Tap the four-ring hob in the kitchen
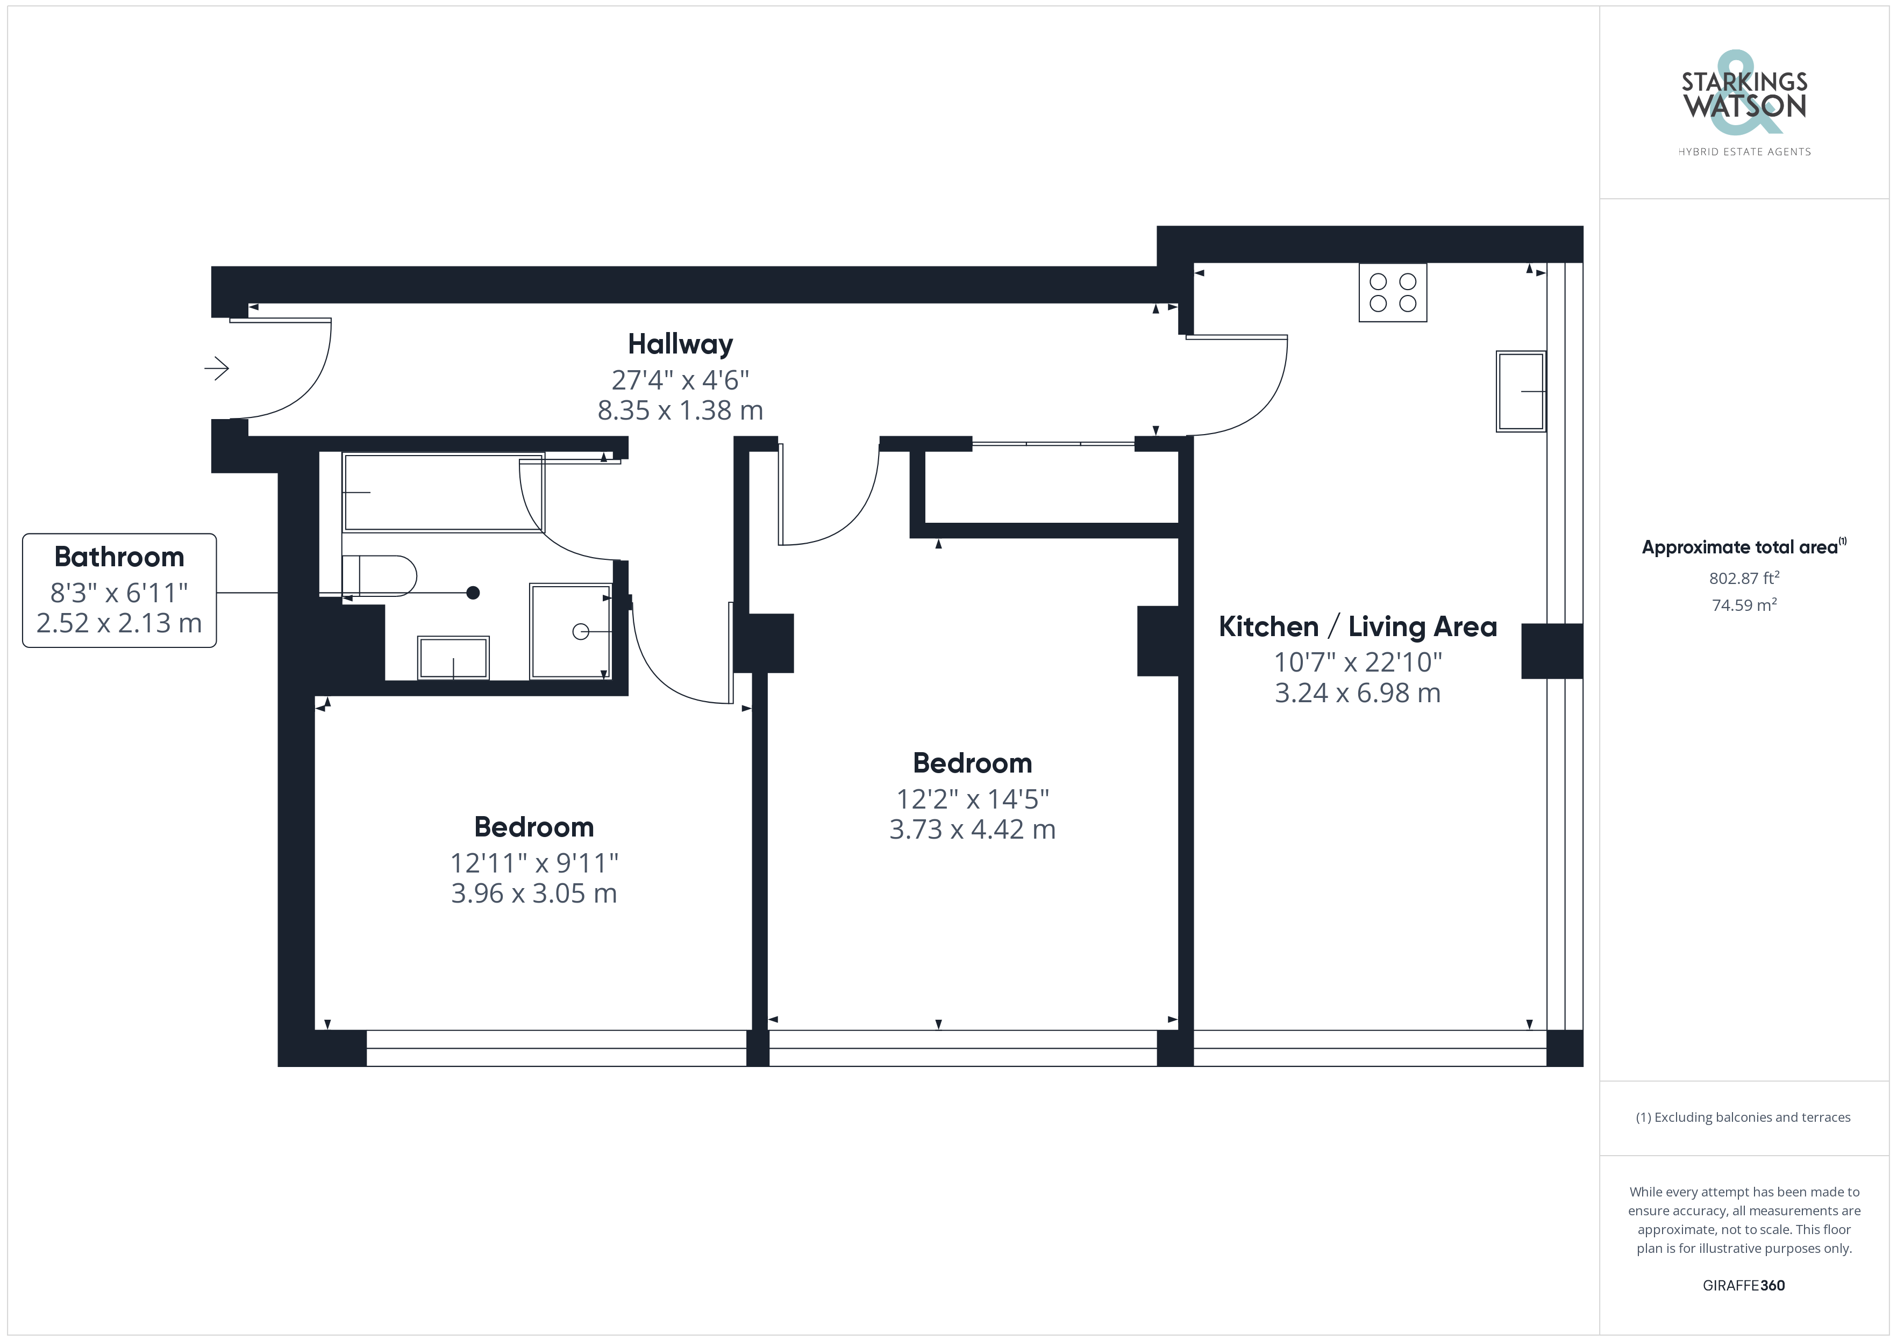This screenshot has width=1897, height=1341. pyautogui.click(x=1392, y=292)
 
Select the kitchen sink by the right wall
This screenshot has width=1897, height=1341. pyautogui.click(x=1520, y=392)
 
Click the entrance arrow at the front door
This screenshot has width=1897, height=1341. pyautogui.click(x=217, y=367)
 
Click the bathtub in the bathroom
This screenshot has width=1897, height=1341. pyautogui.click(x=444, y=493)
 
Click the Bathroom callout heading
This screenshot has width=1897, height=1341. pyautogui.click(x=119, y=557)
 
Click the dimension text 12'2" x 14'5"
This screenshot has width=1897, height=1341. pyautogui.click(x=973, y=798)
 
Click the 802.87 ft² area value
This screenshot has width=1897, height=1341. pyautogui.click(x=1743, y=578)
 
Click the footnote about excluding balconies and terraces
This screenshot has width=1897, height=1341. pyautogui.click(x=1743, y=1117)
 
